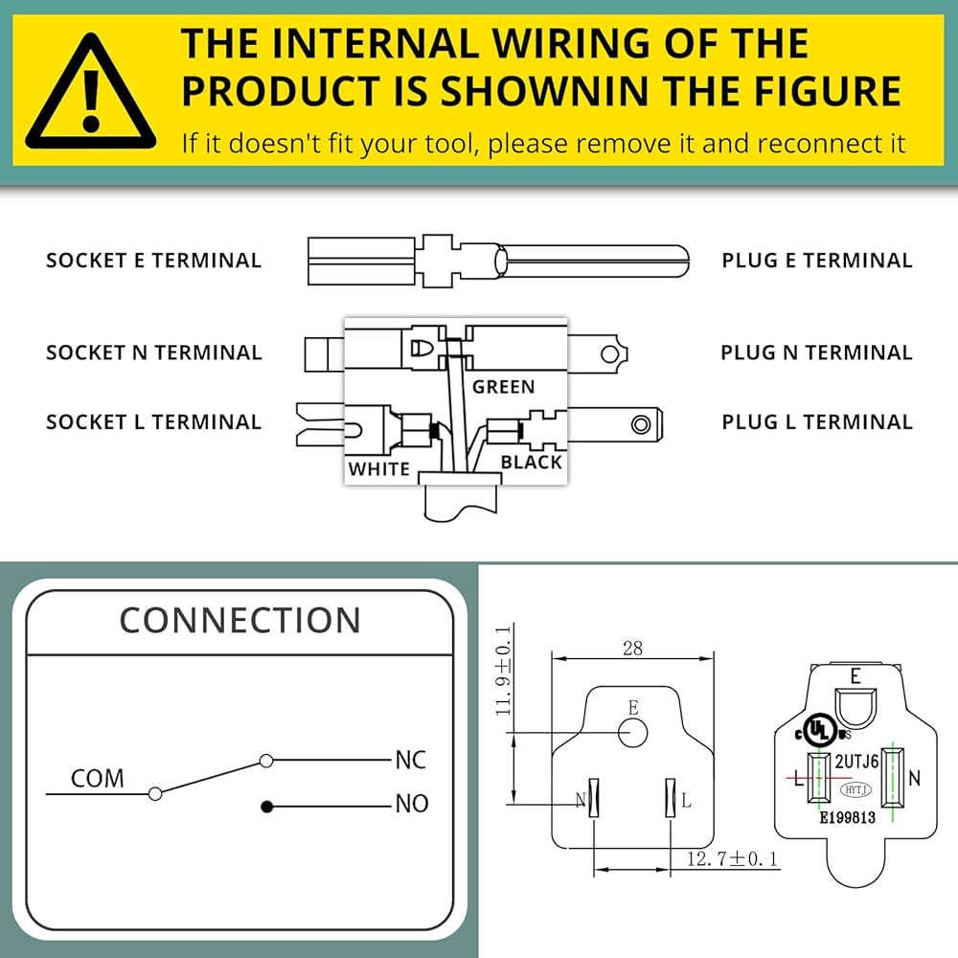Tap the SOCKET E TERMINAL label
pos(153,261)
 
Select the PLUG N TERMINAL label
pos(816,353)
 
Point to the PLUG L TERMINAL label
pos(816,422)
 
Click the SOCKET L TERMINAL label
pos(153,422)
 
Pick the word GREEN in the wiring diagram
pos(503,387)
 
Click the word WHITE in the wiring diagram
pos(378,469)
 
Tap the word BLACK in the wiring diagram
pos(532,463)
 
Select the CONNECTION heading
pos(239,620)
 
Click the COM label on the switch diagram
pos(98,778)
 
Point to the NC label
pos(411,761)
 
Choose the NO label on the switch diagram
pos(412,804)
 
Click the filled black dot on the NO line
pos(267,807)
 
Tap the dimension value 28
pos(632,649)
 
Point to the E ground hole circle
pos(631,733)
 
